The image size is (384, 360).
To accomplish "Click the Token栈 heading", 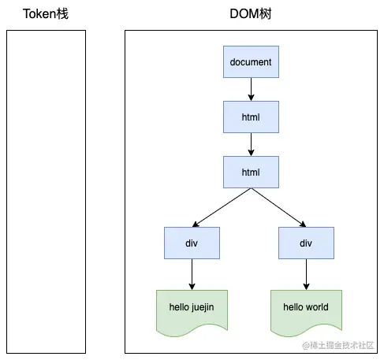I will [x=45, y=13].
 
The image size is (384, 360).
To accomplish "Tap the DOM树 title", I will [x=251, y=13].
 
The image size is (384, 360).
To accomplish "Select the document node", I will [x=251, y=61].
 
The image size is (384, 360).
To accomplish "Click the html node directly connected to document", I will [x=251, y=117].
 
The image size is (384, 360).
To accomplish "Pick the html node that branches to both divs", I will [x=251, y=171].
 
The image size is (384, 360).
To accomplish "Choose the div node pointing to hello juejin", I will [x=192, y=243].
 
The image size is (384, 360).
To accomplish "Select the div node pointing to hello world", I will [x=306, y=243].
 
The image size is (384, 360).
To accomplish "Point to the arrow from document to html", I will [x=251, y=89].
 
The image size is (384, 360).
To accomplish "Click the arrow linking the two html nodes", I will [x=251, y=144].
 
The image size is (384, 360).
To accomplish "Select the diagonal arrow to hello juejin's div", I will [x=222, y=207].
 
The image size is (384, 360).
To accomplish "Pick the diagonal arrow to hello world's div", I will [x=278, y=207].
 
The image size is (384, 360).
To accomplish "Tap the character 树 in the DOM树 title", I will [x=269, y=13].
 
